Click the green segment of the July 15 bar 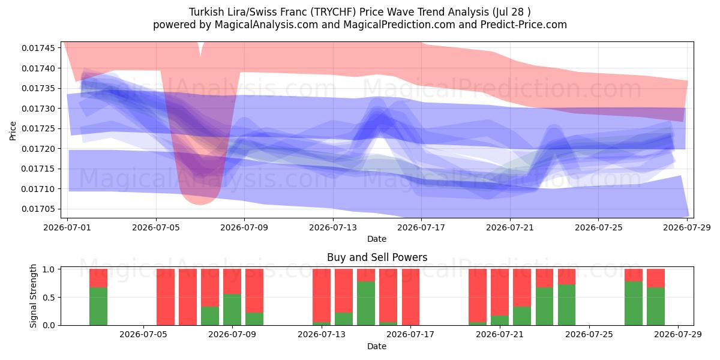pos(366,303)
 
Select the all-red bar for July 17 pos(410,297)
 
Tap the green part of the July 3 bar pos(98,307)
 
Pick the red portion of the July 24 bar pos(566,277)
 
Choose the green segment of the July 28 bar pos(656,307)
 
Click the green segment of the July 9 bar pos(232,310)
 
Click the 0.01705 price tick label pos(38,209)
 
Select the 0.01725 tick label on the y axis pos(38,128)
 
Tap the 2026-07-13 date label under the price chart pos(333,227)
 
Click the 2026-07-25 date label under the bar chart pos(589,334)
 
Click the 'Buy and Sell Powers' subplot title pos(377,257)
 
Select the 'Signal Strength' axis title pos(33,296)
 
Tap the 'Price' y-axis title pos(13,131)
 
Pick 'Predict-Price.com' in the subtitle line pos(524,25)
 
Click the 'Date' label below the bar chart pos(377,346)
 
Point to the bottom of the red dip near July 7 pos(200,205)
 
